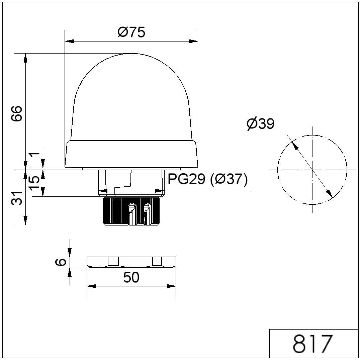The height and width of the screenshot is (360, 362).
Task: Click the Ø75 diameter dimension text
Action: click(x=131, y=33)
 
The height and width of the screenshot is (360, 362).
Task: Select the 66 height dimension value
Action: click(x=17, y=114)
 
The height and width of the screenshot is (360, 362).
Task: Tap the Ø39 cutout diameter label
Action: click(x=260, y=124)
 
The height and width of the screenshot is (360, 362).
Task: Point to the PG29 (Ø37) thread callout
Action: click(x=207, y=180)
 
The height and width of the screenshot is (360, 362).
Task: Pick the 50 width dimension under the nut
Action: click(x=131, y=278)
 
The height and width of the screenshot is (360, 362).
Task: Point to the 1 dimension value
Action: click(x=34, y=156)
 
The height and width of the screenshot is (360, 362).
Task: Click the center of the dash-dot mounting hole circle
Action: click(x=312, y=170)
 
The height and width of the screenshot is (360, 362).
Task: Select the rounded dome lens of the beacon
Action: click(x=131, y=97)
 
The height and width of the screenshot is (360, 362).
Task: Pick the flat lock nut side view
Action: click(x=131, y=262)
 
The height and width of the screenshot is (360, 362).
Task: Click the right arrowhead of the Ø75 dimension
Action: click(x=193, y=41)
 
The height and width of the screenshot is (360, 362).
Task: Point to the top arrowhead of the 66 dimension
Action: click(x=26, y=58)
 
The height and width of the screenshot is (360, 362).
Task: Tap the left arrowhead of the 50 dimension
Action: click(x=91, y=286)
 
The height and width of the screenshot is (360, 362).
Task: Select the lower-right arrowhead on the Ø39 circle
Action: click(x=330, y=194)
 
